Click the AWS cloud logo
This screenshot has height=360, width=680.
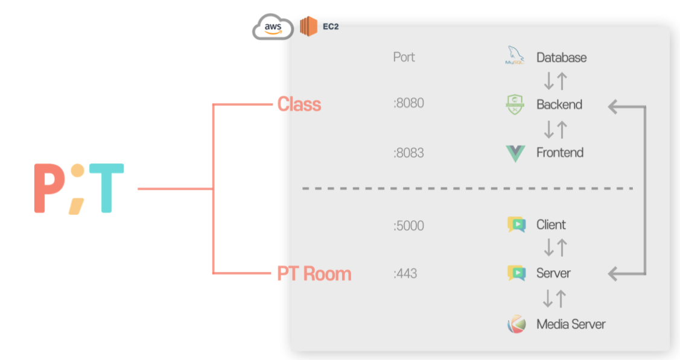(x=273, y=28)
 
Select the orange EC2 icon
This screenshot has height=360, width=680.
(x=308, y=27)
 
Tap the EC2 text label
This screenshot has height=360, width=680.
(x=331, y=27)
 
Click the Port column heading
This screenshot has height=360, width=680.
(x=404, y=57)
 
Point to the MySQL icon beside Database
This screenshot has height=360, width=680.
(x=514, y=57)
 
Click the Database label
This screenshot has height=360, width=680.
(x=561, y=58)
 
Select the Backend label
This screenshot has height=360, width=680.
(x=559, y=104)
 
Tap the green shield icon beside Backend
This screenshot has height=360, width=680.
(x=515, y=104)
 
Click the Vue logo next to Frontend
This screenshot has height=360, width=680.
(x=515, y=153)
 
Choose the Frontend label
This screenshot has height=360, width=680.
(x=560, y=153)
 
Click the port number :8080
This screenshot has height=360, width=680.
(x=408, y=103)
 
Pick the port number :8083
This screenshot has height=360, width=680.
(x=408, y=153)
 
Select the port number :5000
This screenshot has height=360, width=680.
(x=408, y=226)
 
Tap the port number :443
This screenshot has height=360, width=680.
(x=405, y=274)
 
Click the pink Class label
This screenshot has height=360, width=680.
(x=299, y=104)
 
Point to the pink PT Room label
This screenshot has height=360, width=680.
(x=314, y=274)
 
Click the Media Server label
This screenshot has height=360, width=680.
(x=571, y=324)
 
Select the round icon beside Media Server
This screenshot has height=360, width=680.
(x=516, y=324)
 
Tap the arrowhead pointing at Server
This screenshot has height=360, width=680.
(x=614, y=274)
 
